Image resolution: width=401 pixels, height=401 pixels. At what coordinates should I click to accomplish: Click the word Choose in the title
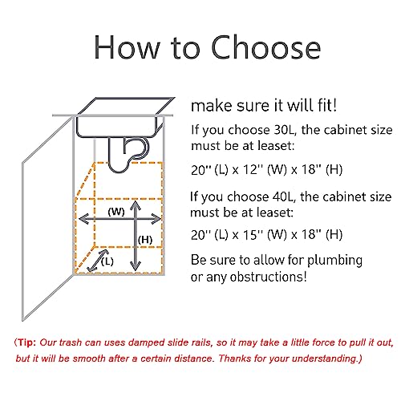point(266,47)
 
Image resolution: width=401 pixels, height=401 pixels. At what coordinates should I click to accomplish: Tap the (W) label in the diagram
point(116,212)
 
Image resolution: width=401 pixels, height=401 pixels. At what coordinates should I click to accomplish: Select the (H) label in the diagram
point(145,240)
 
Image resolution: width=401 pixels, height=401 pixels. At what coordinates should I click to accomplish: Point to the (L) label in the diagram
point(107,261)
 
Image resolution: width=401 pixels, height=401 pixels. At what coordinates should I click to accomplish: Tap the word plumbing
point(334,261)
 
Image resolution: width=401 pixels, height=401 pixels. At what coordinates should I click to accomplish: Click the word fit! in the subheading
point(327,105)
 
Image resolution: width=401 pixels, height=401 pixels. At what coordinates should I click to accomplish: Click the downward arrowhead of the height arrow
point(136,266)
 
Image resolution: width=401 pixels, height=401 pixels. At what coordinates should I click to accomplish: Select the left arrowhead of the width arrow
point(83,219)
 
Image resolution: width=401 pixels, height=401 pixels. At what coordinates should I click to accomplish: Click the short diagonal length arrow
point(98,261)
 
